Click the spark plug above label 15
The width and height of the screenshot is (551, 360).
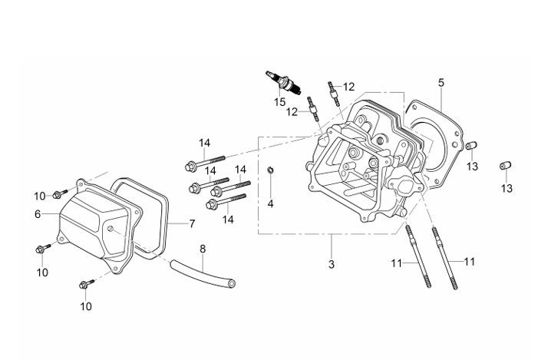pos(283,83)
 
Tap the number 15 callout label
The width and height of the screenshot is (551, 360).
pos(279,102)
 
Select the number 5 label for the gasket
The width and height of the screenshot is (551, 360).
pos(441,83)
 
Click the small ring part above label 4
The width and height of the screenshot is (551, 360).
pos(271,170)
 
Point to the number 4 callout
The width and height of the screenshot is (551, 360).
pos(270,203)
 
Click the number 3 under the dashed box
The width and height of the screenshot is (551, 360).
pos(332,264)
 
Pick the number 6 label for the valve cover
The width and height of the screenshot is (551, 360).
pos(38,213)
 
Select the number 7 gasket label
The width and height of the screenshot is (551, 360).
pos(192,223)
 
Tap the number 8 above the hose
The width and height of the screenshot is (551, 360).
pos(203,249)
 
